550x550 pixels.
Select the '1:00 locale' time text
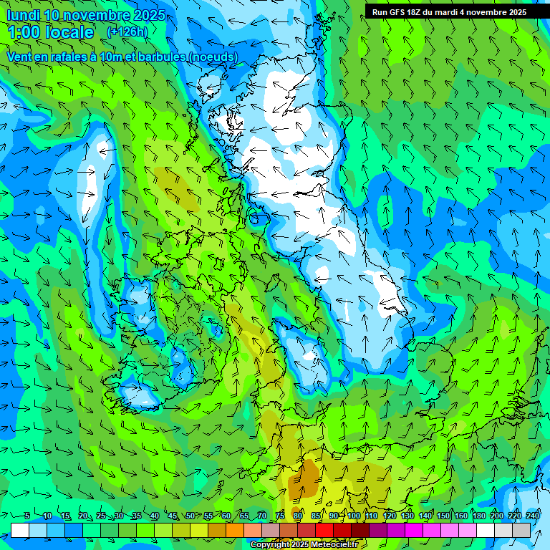51,32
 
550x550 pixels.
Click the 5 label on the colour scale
27,516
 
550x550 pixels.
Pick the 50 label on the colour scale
190,516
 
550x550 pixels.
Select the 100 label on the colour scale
354,516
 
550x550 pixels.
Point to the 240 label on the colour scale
533,516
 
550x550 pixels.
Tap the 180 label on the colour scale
478,516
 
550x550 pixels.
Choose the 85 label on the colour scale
316,516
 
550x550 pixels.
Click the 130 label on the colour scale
407,516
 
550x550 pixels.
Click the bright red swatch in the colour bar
324,530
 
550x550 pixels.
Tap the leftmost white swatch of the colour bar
20,530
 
